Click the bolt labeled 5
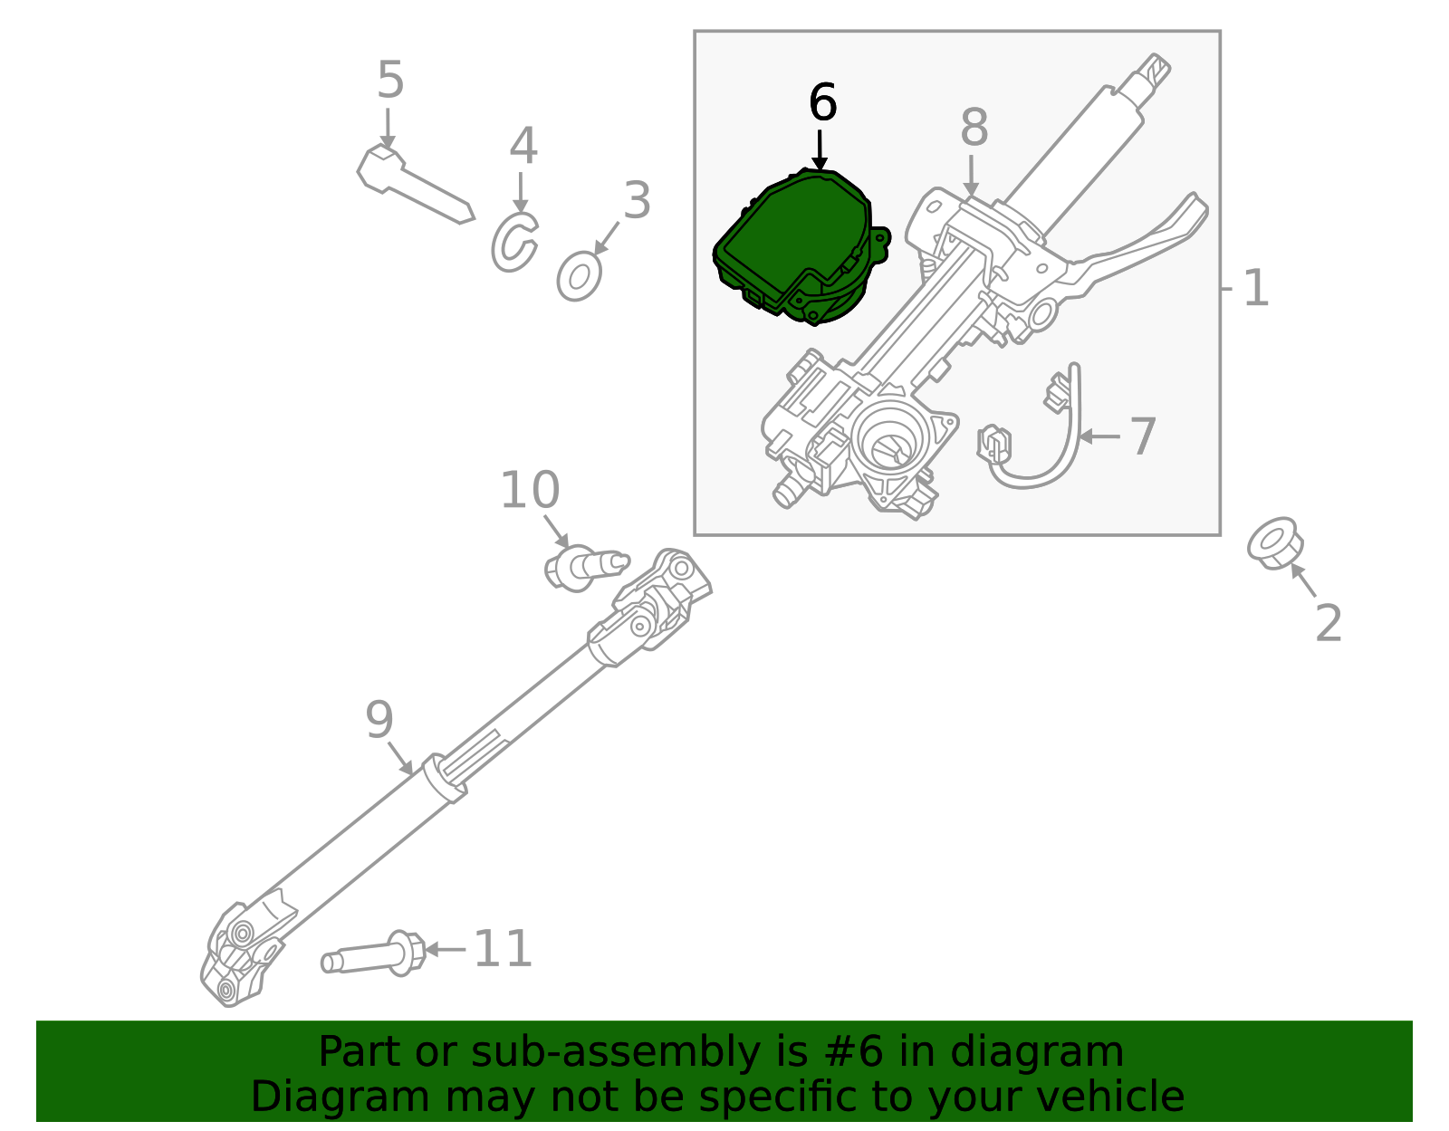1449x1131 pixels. point(412,184)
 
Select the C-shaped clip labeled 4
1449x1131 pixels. point(513,243)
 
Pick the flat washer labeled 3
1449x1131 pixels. point(580,277)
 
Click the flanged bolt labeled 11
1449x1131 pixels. point(376,956)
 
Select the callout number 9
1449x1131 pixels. point(380,720)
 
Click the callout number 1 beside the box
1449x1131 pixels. point(1255,289)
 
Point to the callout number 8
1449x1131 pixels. point(974,128)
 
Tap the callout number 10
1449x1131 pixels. point(530,490)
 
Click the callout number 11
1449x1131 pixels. point(503,949)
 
